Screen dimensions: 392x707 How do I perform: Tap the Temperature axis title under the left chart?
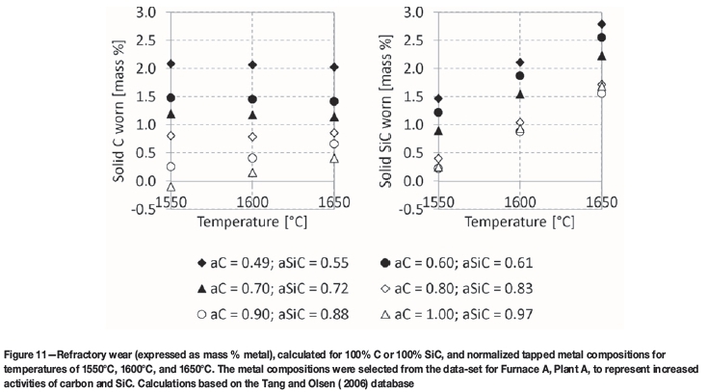(253, 221)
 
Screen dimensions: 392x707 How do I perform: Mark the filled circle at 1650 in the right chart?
(629, 38)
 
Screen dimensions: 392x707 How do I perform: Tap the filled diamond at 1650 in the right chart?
(629, 24)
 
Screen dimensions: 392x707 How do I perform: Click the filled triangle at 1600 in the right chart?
(519, 94)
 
